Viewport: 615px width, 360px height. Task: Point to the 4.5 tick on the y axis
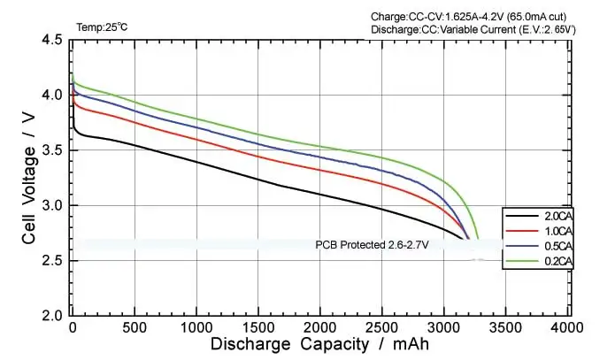click(50, 41)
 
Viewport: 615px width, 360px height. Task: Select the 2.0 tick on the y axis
click(50, 315)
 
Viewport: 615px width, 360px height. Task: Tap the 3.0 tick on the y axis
click(50, 206)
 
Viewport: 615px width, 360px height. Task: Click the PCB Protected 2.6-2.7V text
click(366, 245)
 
